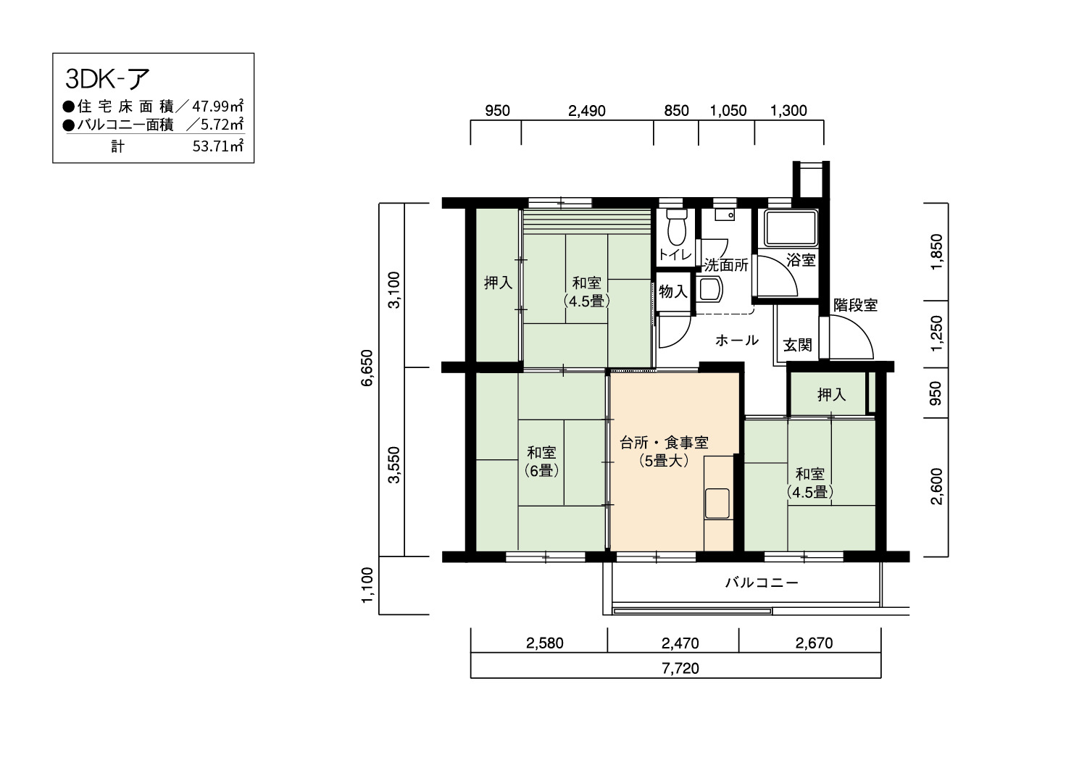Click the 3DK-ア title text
point(107,79)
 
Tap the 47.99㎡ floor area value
point(217,106)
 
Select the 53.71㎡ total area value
point(217,146)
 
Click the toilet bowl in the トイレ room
point(676,227)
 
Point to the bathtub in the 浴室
point(790,228)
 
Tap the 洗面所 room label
point(726,265)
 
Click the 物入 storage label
point(673,291)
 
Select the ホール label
point(737,341)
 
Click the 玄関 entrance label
point(798,345)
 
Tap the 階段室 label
point(856,305)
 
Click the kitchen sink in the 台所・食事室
point(717,504)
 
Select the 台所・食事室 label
point(664,443)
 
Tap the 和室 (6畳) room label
point(541,462)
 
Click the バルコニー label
point(762,583)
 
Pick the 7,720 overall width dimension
point(680,669)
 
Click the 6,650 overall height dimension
point(367,368)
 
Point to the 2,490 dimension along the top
point(587,111)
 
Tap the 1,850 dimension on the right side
point(936,252)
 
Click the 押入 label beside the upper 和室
point(499,283)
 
